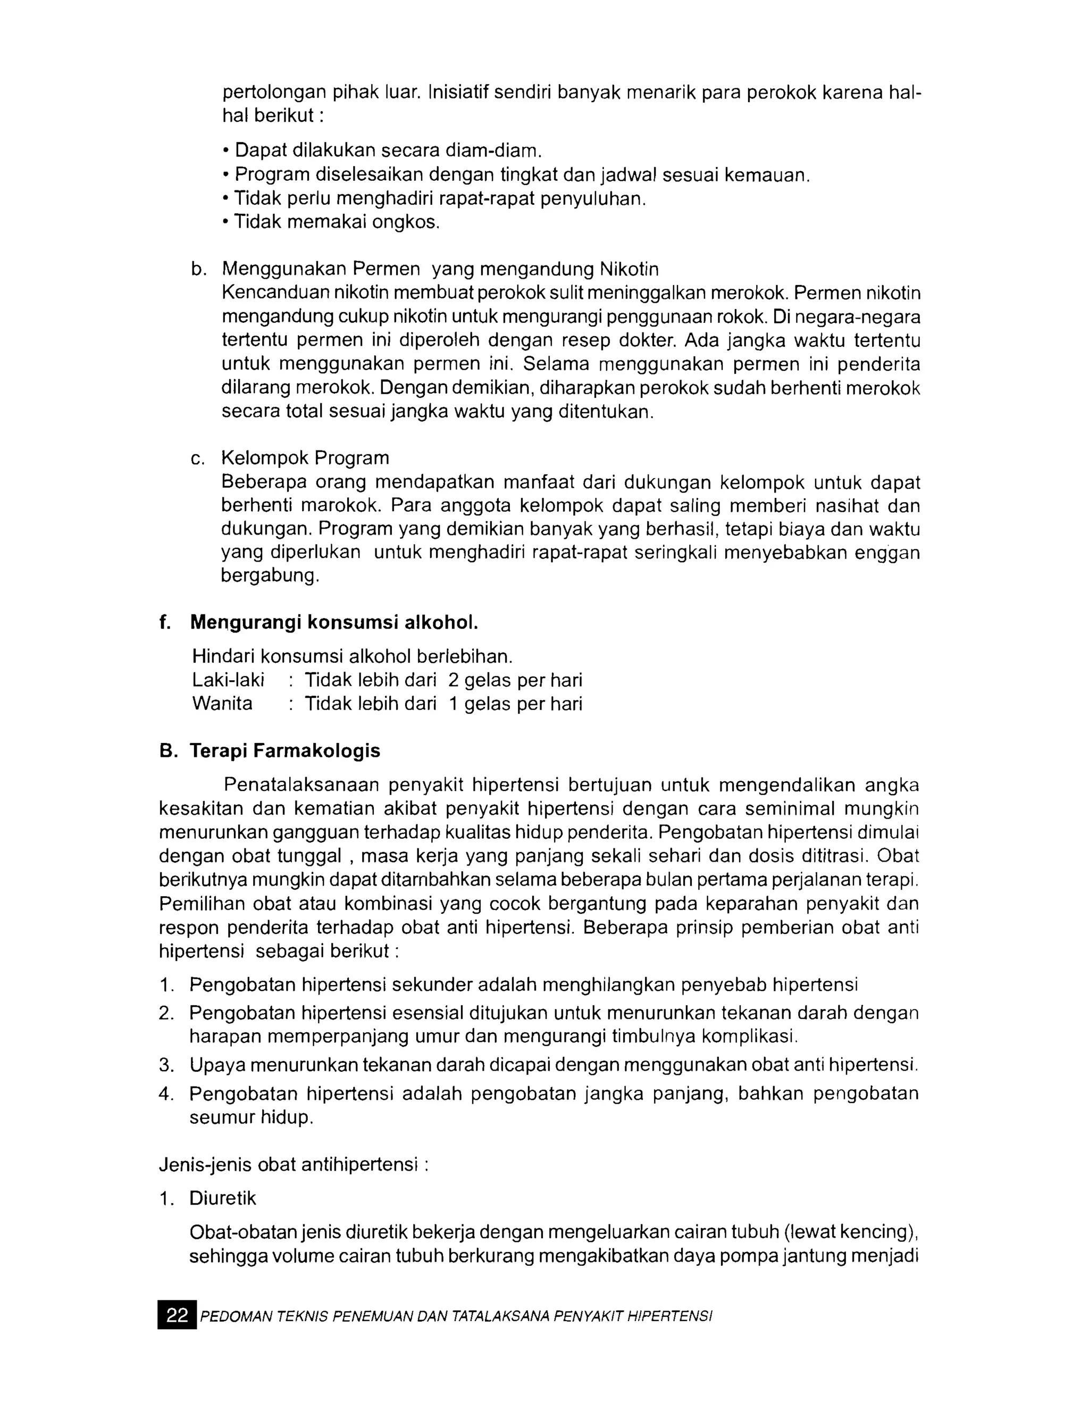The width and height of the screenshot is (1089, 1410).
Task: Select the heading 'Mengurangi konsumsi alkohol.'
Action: tap(334, 622)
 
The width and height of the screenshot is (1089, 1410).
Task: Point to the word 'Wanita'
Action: tap(222, 703)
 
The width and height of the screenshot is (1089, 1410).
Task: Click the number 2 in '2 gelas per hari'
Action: tap(453, 680)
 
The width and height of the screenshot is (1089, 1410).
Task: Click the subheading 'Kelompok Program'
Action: tap(305, 458)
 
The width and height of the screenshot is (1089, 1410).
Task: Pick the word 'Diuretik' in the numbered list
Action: tap(223, 1198)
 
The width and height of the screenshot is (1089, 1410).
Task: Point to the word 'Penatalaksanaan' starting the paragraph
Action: tap(301, 785)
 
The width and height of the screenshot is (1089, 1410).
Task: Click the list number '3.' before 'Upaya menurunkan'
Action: tap(166, 1065)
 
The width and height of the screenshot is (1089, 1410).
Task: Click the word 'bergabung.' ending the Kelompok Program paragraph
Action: tap(270, 575)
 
